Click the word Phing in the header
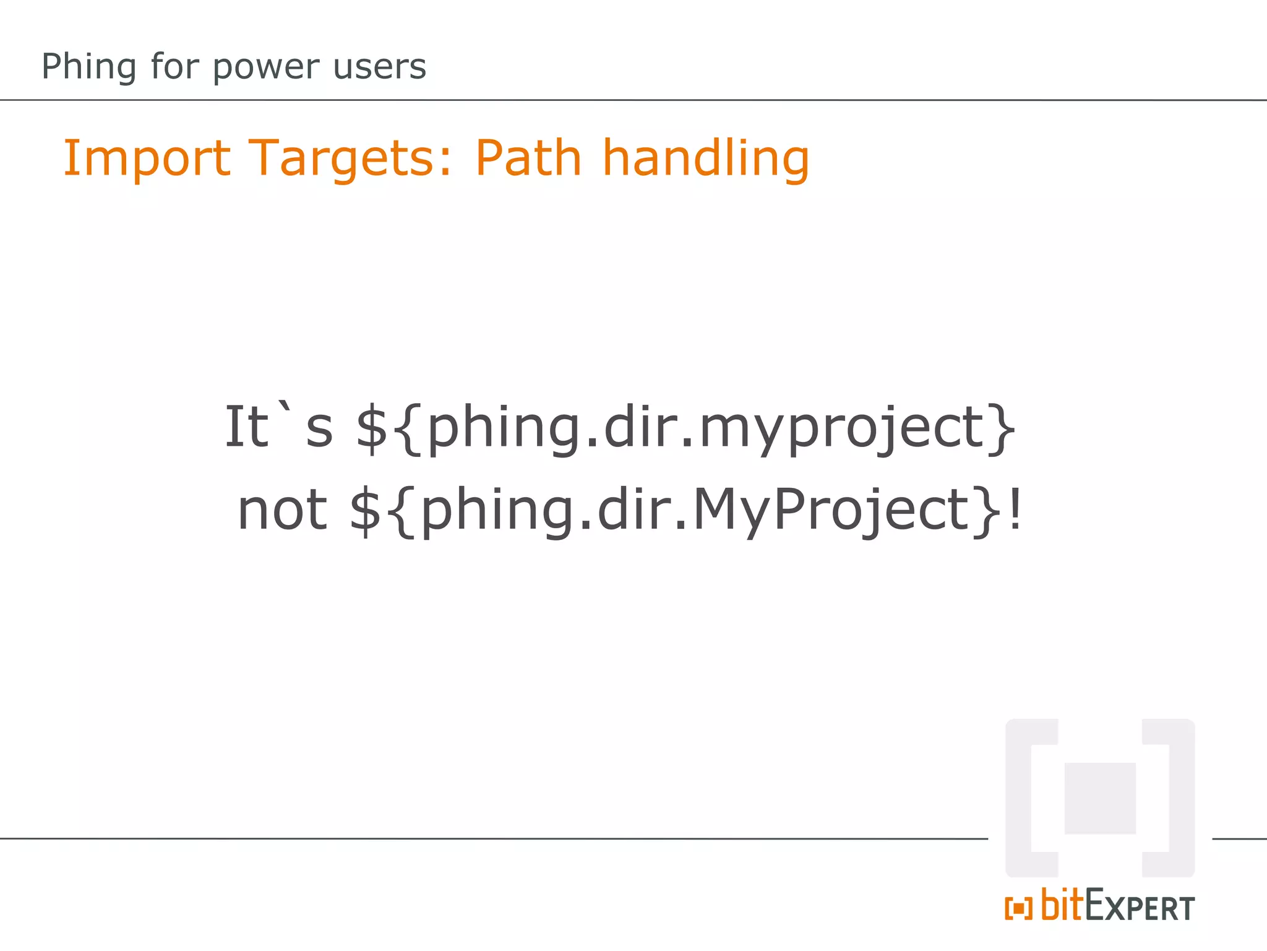(88, 67)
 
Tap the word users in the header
(379, 67)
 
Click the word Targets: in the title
(351, 159)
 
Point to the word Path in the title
(528, 158)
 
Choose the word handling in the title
(705, 159)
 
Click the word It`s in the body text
(278, 427)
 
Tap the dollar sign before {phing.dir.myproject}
(372, 427)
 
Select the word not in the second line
(282, 510)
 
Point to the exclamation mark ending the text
(1015, 510)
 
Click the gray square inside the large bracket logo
(1100, 798)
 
